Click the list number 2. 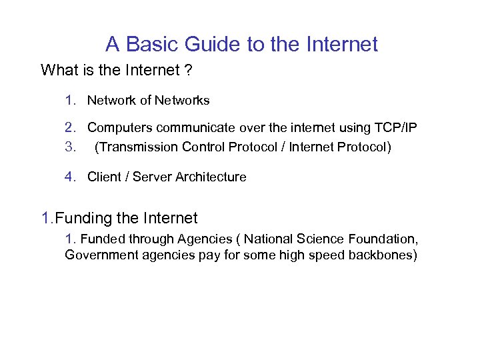tap(69, 127)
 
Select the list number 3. tap(69, 147)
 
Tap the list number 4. tap(69, 177)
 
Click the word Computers tap(118, 127)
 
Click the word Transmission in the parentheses tap(135, 147)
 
